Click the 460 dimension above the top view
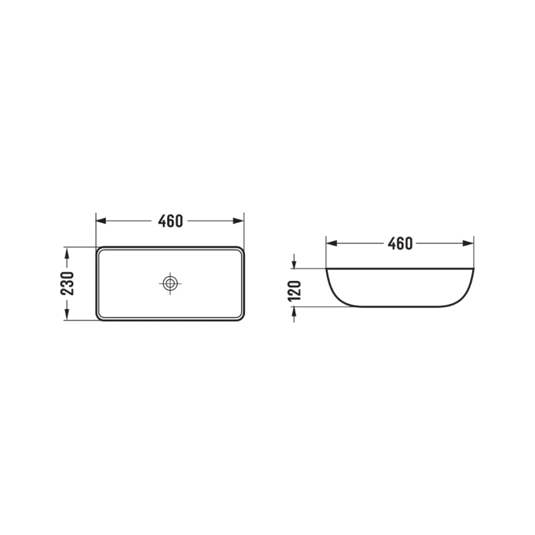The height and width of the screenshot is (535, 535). click(170, 221)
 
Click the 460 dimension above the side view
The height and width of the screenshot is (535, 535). click(400, 243)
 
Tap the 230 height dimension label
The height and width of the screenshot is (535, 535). click(67, 284)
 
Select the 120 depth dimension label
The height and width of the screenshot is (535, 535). click(295, 291)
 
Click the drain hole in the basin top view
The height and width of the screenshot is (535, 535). click(170, 283)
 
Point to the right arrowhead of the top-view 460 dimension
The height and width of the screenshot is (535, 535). click(239, 221)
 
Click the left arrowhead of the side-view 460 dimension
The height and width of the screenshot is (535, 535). click(332, 243)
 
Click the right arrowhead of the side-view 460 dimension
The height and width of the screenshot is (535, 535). click(468, 243)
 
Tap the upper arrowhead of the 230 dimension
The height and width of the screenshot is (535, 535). click(67, 253)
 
